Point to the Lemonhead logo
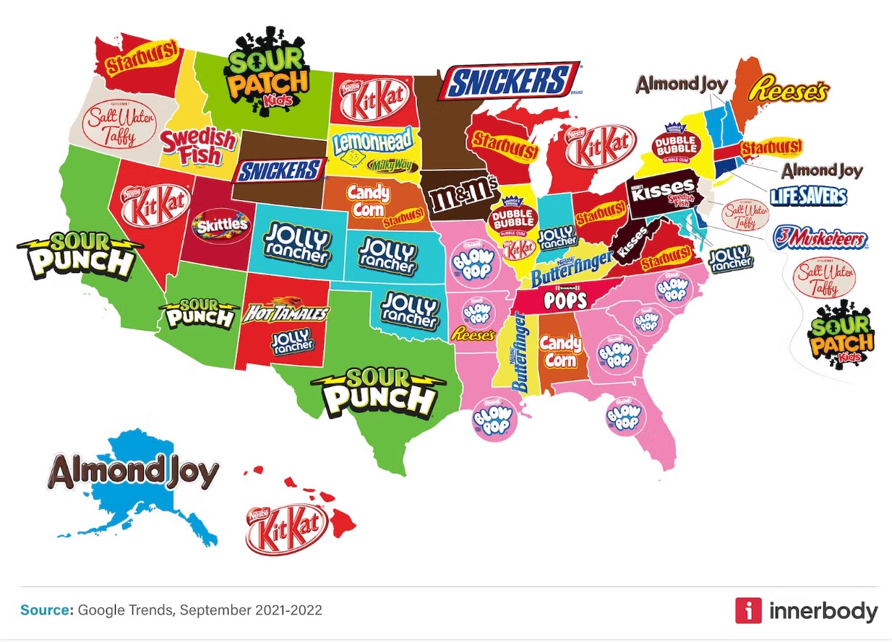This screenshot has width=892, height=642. click(x=372, y=142)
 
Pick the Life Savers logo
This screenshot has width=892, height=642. click(x=807, y=195)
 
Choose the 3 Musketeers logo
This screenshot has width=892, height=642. click(x=820, y=238)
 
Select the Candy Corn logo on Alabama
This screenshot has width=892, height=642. click(x=560, y=350)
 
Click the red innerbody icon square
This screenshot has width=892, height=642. click(x=747, y=610)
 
